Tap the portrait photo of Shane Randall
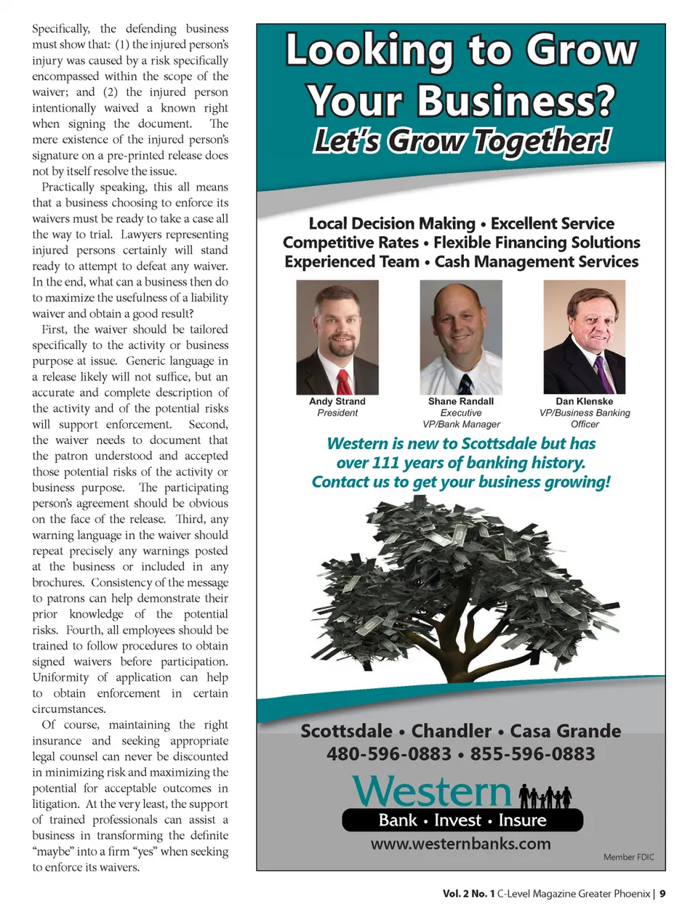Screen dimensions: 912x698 460,336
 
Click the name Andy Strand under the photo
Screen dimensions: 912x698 337,401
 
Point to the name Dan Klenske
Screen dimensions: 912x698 584,401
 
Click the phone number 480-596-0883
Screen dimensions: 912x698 389,754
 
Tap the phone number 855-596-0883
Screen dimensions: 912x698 532,754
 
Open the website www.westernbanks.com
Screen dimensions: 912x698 460,844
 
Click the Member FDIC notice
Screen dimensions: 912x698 628,857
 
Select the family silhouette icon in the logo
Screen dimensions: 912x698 545,796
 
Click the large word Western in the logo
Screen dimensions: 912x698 433,791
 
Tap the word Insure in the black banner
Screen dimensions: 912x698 522,820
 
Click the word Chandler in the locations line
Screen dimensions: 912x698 452,731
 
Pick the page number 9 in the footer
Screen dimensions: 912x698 662,894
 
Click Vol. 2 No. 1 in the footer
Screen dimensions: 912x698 468,894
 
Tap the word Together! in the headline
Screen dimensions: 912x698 542,141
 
